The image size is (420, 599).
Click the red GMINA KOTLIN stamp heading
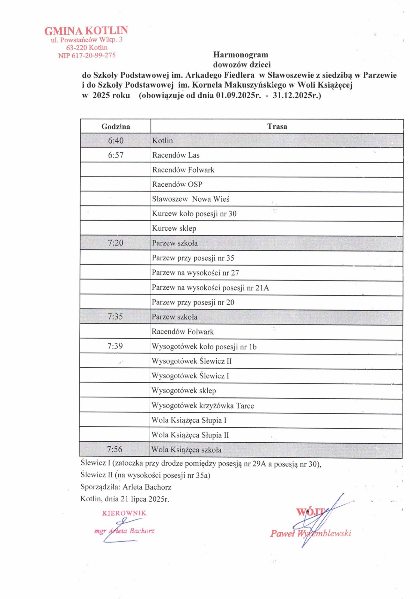coord(86,31)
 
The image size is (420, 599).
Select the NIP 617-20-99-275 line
coord(86,56)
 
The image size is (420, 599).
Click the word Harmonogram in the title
coord(241,55)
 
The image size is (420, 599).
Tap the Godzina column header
coord(115,126)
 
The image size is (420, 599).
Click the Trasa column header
coord(277,126)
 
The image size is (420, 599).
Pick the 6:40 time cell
coord(115,141)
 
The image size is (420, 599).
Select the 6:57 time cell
coord(115,155)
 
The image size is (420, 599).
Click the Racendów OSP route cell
coord(177,184)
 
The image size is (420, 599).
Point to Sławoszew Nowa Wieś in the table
coord(190,199)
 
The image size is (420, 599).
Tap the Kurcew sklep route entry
coord(174,228)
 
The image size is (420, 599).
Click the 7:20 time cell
coord(115,243)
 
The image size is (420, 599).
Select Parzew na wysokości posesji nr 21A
coord(210,288)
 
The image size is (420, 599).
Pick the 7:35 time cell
coord(115,317)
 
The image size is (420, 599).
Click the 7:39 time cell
coord(115,346)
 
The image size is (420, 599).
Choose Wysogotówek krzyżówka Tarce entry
coord(203,406)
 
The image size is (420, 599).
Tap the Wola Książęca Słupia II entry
coord(190,435)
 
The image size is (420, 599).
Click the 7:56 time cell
coord(115,449)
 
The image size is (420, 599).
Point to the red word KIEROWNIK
coord(124,513)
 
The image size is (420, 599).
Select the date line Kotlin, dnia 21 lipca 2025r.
coord(125,499)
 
